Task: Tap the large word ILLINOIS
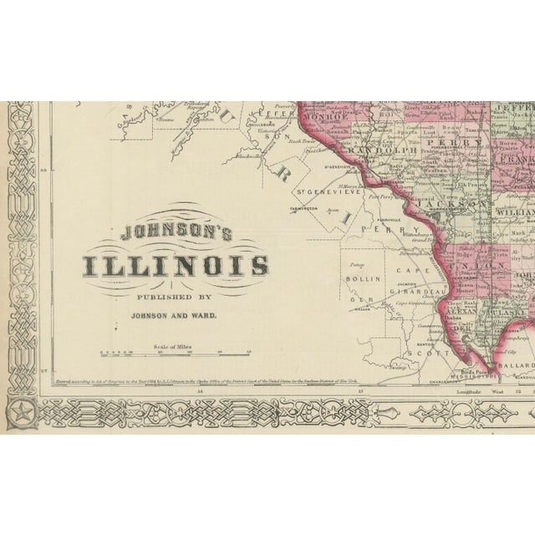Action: click(x=176, y=267)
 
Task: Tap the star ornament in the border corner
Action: click(x=18, y=411)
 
